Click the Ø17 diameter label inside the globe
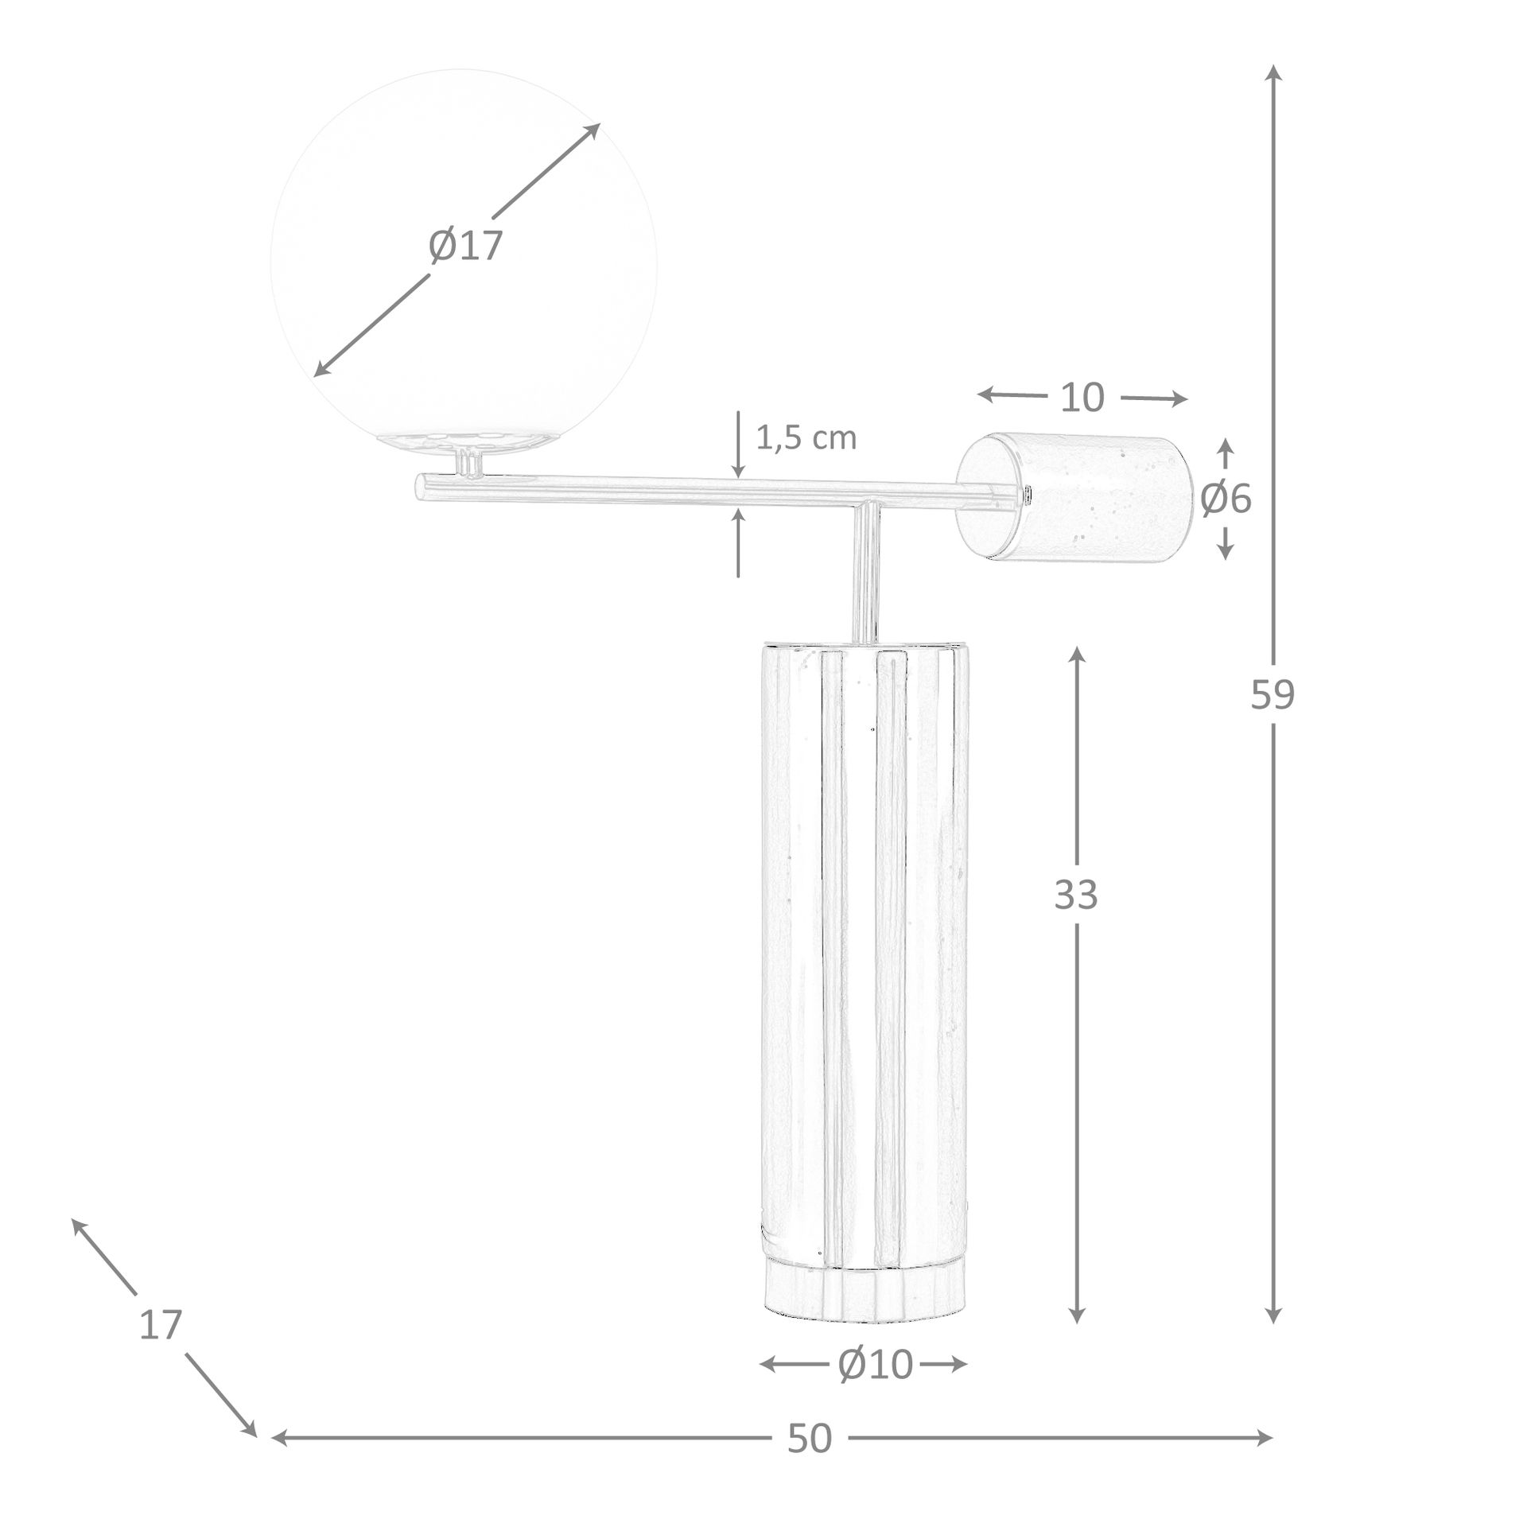pyautogui.click(x=465, y=246)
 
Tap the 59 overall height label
pyautogui.click(x=1272, y=695)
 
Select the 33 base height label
pyautogui.click(x=1076, y=895)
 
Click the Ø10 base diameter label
pyautogui.click(x=875, y=1366)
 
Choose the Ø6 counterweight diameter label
pyautogui.click(x=1226, y=499)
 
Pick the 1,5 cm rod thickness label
pyautogui.click(x=806, y=438)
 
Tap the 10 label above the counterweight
pyautogui.click(x=1082, y=398)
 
